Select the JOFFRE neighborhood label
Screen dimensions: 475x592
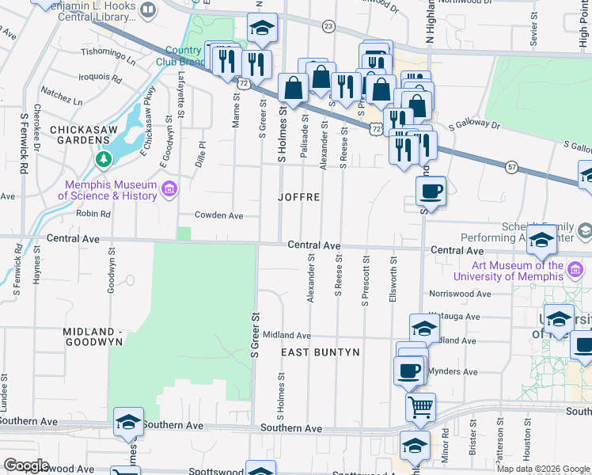[x=300, y=196]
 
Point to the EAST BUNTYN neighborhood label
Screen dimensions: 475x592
[x=321, y=351]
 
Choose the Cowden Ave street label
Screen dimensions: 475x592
[x=219, y=215]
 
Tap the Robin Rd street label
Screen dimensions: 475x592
[x=93, y=213]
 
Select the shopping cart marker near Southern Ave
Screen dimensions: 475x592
[x=420, y=407]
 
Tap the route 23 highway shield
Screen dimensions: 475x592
[x=328, y=26]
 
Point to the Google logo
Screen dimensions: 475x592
[x=25, y=465]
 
